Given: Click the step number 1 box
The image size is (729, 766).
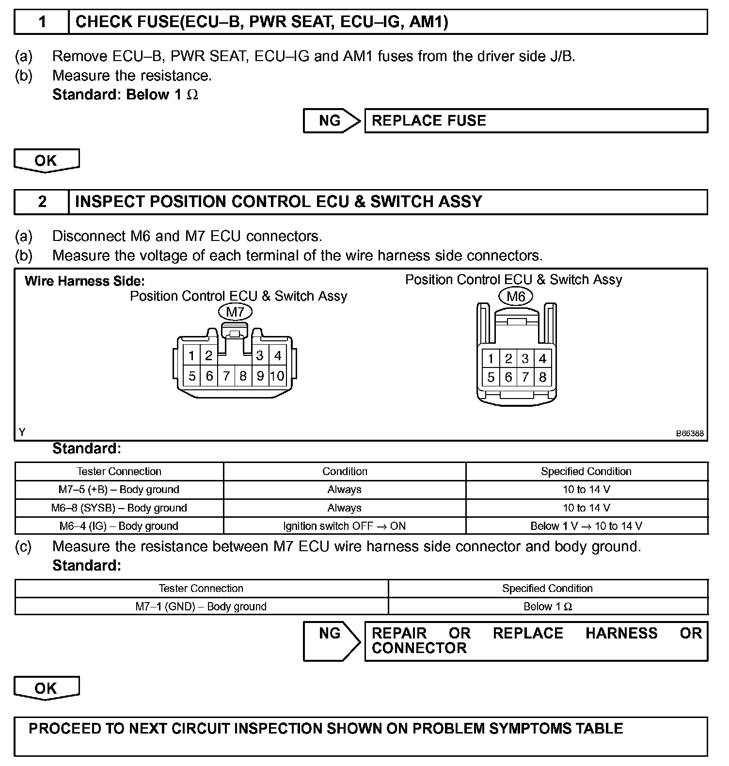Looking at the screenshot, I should click(42, 22).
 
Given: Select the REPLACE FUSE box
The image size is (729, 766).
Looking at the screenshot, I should click(536, 121).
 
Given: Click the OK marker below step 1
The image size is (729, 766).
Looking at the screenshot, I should click(46, 160).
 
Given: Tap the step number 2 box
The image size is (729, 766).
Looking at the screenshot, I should click(42, 202).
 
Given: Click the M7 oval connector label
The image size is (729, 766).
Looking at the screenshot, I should click(235, 312).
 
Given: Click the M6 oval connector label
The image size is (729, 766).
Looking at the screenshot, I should click(516, 296).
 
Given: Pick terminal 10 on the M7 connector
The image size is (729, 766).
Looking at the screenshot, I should click(277, 376).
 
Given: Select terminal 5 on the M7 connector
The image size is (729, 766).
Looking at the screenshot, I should click(192, 376).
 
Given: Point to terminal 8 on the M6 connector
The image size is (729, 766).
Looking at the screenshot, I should click(542, 377).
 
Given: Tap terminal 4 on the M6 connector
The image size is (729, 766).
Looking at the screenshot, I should click(542, 359).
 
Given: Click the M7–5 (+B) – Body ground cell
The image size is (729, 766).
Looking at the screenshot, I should click(119, 490).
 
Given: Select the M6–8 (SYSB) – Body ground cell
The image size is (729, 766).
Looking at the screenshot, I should click(119, 508).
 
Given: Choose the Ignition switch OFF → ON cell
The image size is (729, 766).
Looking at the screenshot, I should click(344, 526).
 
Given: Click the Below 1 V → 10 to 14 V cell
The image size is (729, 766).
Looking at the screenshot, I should click(586, 526).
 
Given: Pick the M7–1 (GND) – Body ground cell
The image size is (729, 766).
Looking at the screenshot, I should click(201, 606).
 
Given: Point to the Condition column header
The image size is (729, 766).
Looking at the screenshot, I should click(344, 471).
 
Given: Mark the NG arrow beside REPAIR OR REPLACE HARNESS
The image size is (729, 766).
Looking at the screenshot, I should click(332, 641).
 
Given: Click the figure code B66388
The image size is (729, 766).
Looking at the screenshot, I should click(690, 434).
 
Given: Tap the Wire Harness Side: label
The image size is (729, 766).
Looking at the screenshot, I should click(84, 281).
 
